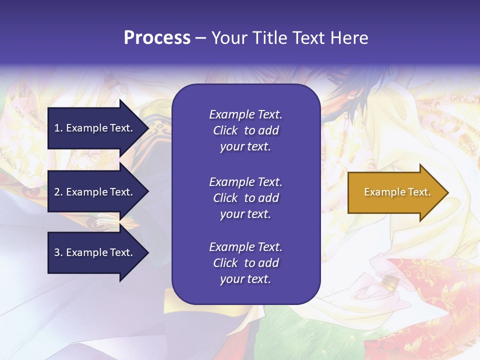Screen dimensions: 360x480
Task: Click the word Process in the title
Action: point(157,38)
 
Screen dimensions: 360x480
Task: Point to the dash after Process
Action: point(200,38)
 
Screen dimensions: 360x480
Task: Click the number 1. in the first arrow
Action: point(58,128)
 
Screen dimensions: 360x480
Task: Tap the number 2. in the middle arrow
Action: point(58,192)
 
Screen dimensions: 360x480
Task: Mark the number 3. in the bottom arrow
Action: point(58,252)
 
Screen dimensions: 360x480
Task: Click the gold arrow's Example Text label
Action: point(397,192)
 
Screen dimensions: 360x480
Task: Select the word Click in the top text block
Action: point(225,130)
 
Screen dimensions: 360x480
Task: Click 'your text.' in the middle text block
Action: point(245,214)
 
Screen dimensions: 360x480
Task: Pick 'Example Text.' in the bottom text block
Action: point(245,247)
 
